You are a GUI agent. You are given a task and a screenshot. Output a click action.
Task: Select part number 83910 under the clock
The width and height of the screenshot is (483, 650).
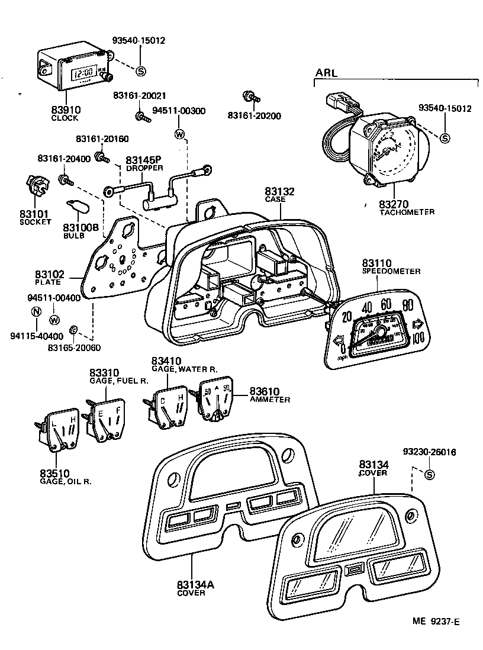click(x=65, y=110)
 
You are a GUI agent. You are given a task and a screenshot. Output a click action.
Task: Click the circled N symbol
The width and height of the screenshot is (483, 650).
click(x=36, y=312)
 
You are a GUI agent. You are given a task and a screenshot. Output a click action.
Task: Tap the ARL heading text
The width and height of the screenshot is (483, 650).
click(x=326, y=73)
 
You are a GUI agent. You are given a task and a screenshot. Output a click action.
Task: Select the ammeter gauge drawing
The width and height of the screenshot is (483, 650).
click(x=216, y=400)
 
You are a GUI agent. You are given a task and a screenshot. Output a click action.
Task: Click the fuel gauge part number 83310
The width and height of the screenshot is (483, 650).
click(x=105, y=372)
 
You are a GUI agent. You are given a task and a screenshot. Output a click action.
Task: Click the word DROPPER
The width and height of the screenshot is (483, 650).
click(x=142, y=169)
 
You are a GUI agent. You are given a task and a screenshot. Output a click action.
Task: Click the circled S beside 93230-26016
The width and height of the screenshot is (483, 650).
click(x=429, y=474)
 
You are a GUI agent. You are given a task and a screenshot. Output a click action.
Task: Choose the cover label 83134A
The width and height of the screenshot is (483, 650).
click(x=194, y=584)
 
